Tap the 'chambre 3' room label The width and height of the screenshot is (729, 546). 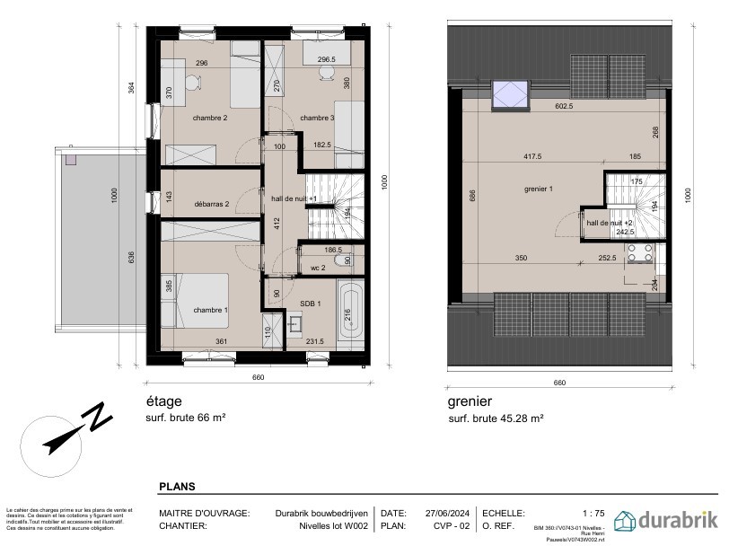click(x=317, y=118)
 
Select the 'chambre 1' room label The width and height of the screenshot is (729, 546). click(x=210, y=311)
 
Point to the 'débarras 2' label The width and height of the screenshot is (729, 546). click(x=211, y=204)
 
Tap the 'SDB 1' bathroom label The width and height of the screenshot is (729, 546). click(x=312, y=304)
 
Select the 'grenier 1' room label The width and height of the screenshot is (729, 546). click(x=539, y=189)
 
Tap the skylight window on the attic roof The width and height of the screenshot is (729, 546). click(x=510, y=92)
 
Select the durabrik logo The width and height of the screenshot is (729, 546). click(x=665, y=520)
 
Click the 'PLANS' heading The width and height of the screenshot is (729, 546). click(x=178, y=486)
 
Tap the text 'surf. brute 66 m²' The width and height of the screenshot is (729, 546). click(x=185, y=418)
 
